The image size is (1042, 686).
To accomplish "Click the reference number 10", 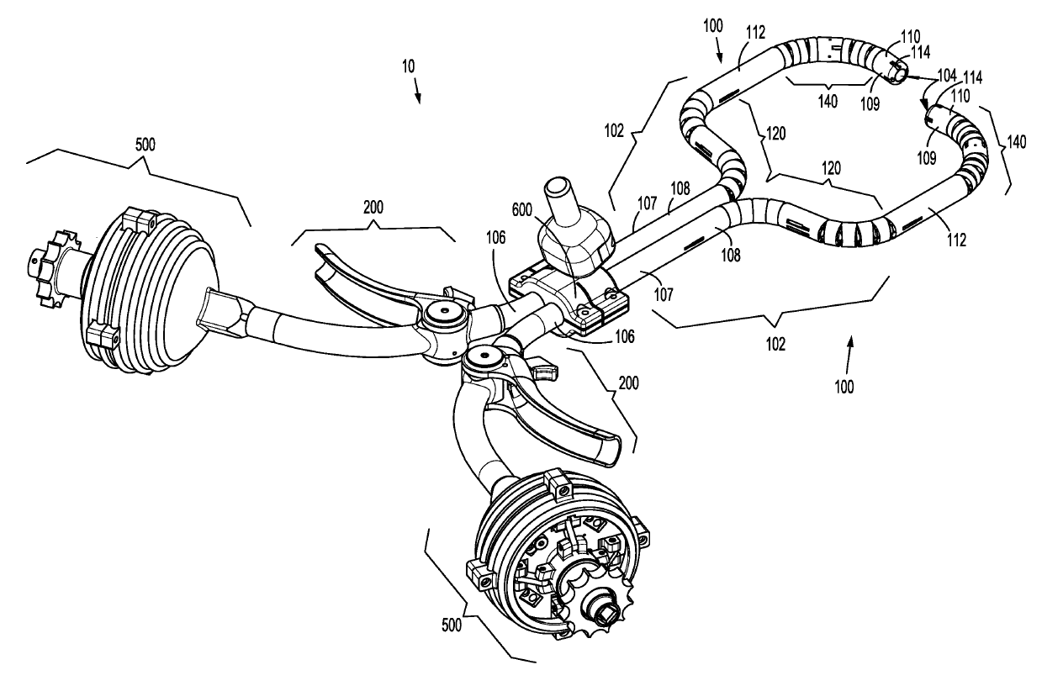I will click(408, 64).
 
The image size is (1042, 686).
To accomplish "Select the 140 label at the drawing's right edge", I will click(1016, 143).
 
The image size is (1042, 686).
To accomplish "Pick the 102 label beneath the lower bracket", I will click(775, 344).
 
